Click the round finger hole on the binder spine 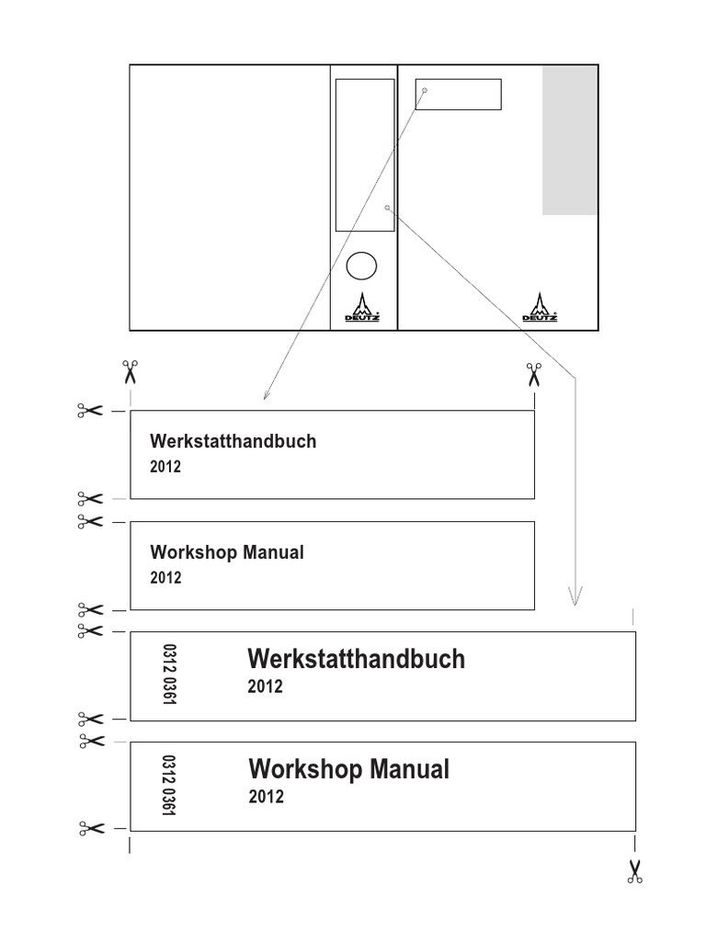[361, 266]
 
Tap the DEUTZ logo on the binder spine [362, 307]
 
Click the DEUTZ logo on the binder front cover [539, 307]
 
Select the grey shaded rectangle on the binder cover [570, 141]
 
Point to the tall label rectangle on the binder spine [336, 154]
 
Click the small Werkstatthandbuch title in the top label [233, 441]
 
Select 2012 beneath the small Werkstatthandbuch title [165, 466]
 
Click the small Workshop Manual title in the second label [227, 552]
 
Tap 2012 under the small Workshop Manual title [165, 577]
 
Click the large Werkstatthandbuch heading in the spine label [356, 659]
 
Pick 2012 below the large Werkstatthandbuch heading [265, 686]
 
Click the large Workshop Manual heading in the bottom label [348, 769]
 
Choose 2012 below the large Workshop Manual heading [266, 797]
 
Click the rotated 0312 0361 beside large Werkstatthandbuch [169, 675]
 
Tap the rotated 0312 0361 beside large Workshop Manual [168, 786]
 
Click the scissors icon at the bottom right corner [635, 871]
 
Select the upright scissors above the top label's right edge [534, 375]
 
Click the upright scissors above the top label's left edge [130, 372]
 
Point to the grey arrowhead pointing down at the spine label [575, 595]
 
